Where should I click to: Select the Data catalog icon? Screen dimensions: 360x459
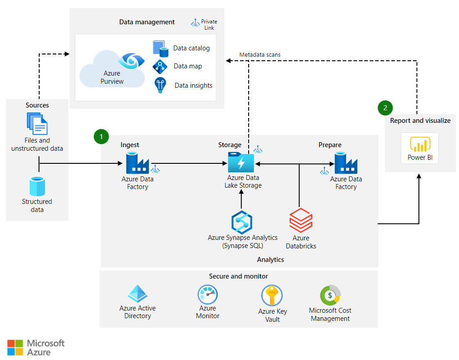click(x=160, y=48)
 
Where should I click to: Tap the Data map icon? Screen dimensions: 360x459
click(x=160, y=67)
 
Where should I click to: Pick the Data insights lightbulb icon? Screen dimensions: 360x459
click(x=160, y=85)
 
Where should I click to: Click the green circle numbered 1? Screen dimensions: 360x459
click(x=101, y=136)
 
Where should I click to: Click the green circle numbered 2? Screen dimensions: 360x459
click(x=385, y=108)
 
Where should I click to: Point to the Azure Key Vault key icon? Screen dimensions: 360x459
click(x=272, y=296)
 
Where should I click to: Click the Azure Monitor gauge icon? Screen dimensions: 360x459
click(x=208, y=295)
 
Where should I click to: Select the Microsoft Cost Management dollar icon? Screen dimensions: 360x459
click(x=330, y=295)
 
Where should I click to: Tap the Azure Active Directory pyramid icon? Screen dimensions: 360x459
click(x=137, y=294)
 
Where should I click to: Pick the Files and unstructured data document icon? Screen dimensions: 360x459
click(x=37, y=124)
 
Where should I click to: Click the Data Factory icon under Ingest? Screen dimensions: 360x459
click(x=137, y=163)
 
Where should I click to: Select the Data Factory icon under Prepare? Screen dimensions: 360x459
click(x=345, y=163)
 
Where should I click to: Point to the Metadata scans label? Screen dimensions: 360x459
click(x=259, y=54)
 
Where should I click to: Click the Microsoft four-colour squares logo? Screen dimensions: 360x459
click(x=15, y=347)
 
